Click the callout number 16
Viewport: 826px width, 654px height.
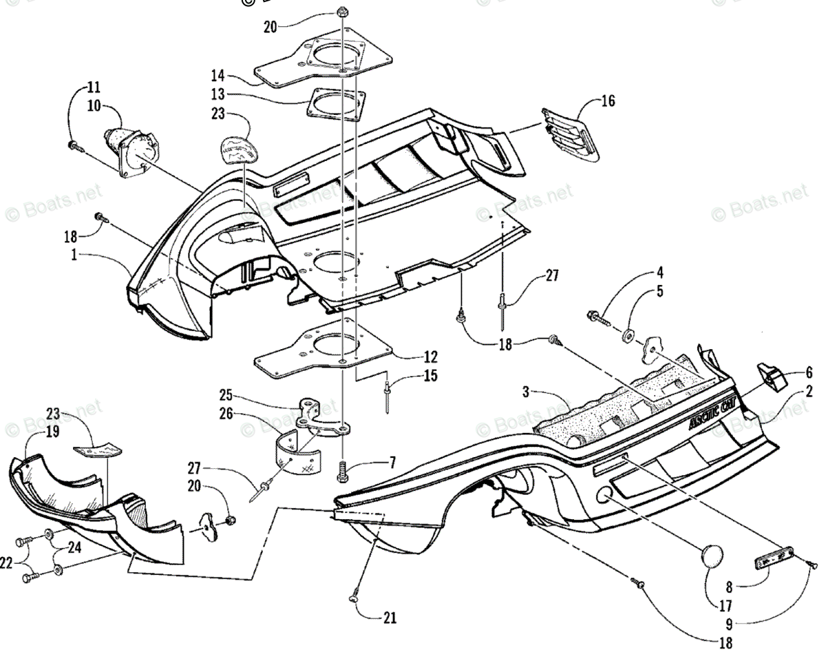pyautogui.click(x=608, y=101)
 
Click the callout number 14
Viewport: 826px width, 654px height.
pyautogui.click(x=218, y=77)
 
